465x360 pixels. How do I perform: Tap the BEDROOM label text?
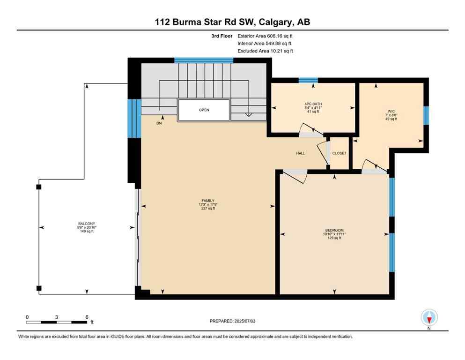pos(334,230)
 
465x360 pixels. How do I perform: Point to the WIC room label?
pos(391,112)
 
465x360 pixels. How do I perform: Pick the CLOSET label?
pos(339,153)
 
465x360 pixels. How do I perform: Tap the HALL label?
pos(300,153)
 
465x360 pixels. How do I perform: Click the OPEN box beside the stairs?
pos(204,110)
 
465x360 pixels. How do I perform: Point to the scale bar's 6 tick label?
pos(87,317)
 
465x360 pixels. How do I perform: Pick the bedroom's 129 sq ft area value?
pos(334,238)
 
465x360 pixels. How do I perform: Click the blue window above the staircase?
pos(204,60)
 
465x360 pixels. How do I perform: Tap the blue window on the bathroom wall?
pos(308,80)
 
